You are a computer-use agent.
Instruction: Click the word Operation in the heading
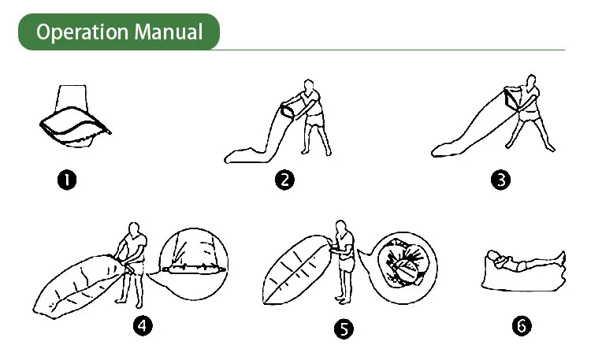coord(82,32)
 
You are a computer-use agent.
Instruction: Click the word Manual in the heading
coord(169,32)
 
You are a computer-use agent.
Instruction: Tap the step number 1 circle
coord(67,180)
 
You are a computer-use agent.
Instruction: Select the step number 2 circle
coord(284,180)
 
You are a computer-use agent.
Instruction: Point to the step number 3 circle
coord(501,180)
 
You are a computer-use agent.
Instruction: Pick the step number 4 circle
coord(143,325)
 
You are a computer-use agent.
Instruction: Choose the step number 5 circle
coord(344,328)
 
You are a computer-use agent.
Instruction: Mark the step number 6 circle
coord(522,325)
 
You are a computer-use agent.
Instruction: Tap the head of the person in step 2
coord(309,85)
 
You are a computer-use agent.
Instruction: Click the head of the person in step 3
coord(531,80)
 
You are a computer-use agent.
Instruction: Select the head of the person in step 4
coord(134,228)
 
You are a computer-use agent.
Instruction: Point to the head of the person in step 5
coord(340,227)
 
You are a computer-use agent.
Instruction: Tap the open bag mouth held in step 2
coord(287,111)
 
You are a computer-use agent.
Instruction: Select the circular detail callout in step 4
coord(194,264)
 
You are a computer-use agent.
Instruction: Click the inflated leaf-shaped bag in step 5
coord(297,269)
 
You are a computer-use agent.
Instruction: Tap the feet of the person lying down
coord(561,258)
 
